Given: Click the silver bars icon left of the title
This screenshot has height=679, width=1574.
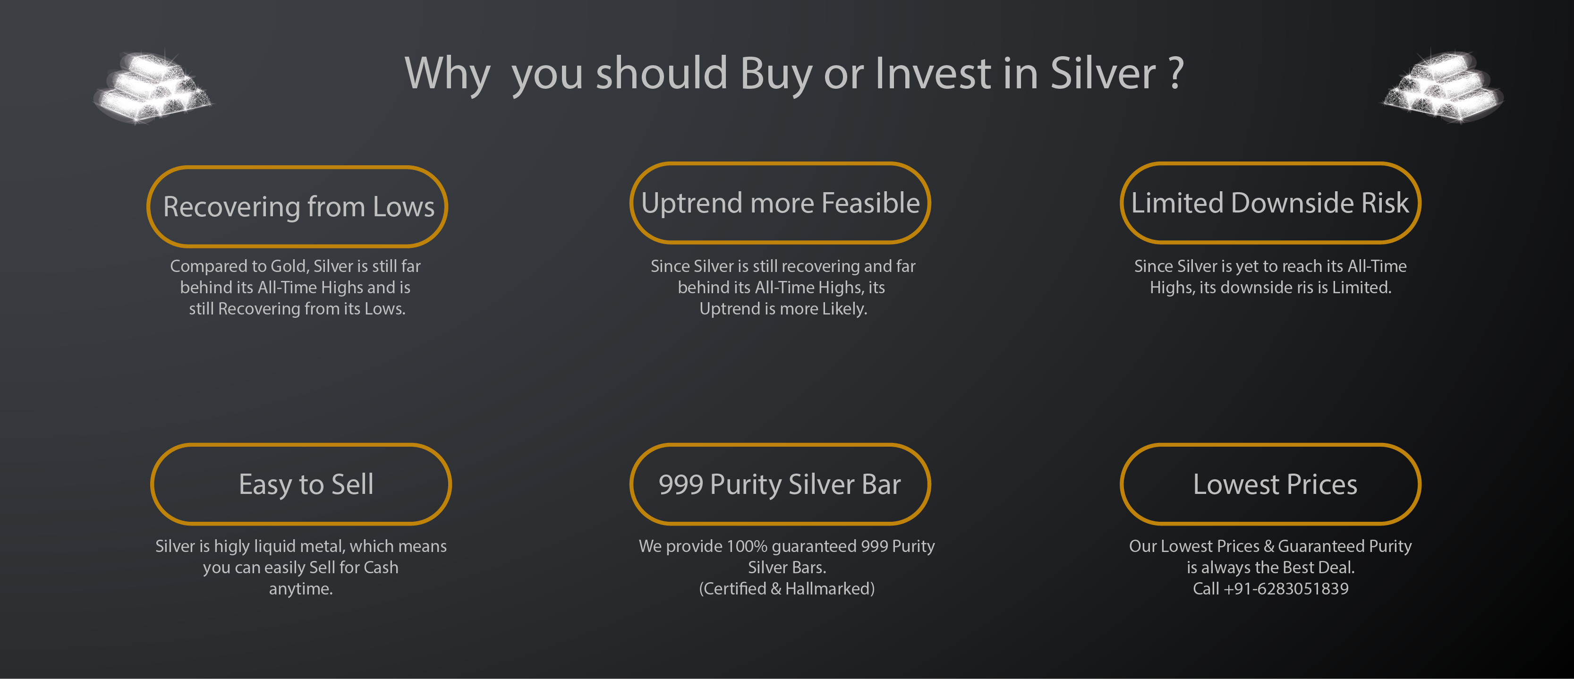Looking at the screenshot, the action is [x=153, y=86].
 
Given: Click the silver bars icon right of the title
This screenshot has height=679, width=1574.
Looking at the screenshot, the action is [x=1443, y=86].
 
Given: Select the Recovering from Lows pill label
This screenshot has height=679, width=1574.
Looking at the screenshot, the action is [x=298, y=206].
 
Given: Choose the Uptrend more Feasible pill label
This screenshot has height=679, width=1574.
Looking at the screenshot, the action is [x=780, y=203].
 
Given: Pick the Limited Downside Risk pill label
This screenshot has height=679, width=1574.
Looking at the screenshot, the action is [x=1270, y=203].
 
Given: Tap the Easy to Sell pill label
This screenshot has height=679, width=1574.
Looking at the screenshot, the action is [x=301, y=484].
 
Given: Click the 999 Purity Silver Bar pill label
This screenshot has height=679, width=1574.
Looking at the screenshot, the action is [x=780, y=484].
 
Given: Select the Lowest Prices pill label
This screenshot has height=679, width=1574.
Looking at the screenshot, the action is [x=1270, y=484].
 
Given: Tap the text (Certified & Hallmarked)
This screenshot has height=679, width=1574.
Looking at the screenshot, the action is [x=787, y=588].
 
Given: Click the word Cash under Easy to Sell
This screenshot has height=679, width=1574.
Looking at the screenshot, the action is [x=381, y=568].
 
